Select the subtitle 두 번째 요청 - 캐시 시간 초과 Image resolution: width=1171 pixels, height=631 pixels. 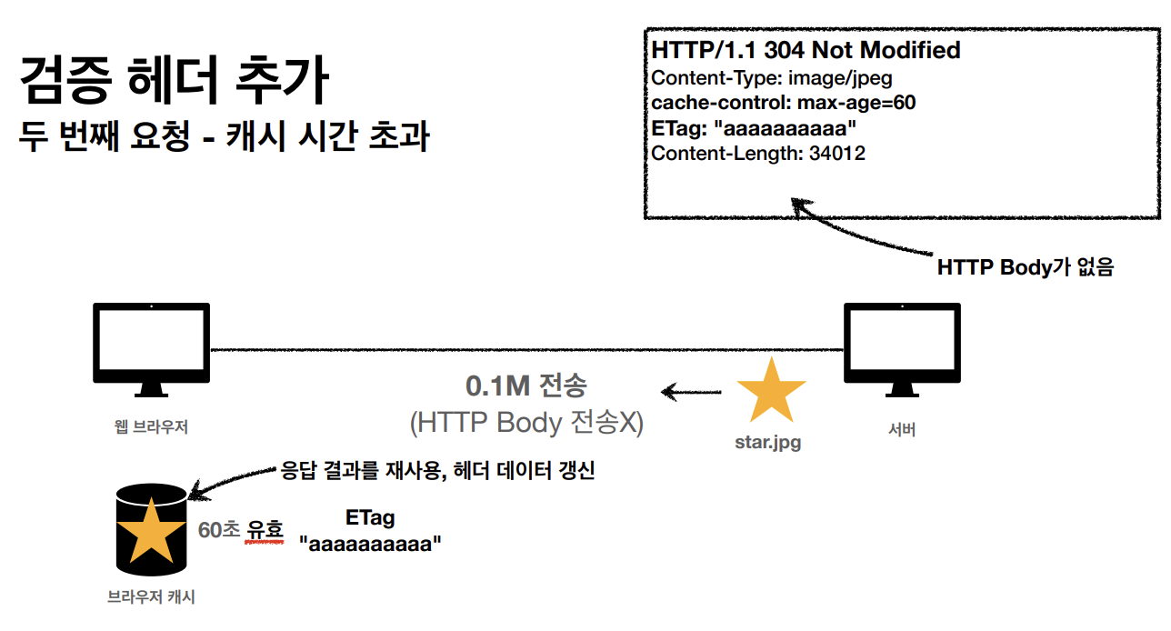pos(224,138)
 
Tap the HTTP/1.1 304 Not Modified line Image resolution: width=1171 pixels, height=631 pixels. pos(806,51)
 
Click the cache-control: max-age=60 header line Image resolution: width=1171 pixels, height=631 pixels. pos(783,103)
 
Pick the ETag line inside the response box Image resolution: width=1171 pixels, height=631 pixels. pos(754,128)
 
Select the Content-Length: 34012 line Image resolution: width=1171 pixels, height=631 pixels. pos(758,153)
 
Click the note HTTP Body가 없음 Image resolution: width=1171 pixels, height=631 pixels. pos(1025,267)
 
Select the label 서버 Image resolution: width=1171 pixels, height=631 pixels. pos(901,430)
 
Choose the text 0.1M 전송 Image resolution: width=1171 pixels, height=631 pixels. pos(526,386)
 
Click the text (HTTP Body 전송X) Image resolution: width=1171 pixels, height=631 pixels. pos(526,422)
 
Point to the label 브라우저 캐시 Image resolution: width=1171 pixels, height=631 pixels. pos(151,597)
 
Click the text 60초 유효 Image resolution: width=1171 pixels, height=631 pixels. pos(241,529)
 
